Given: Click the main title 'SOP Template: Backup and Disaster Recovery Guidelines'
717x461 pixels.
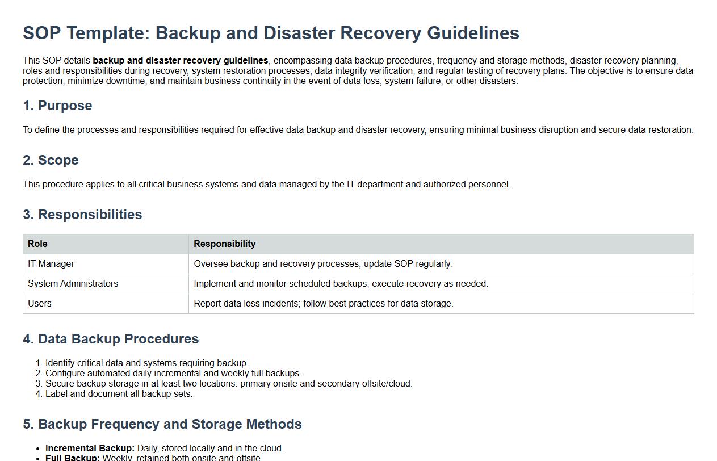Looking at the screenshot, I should pos(271,33).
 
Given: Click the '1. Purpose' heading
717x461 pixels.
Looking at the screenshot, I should pos(57,106).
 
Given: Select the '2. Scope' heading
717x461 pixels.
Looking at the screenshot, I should pos(51,160).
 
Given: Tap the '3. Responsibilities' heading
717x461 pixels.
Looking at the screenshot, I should pos(82,215).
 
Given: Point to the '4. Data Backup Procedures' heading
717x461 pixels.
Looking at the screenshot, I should pos(111,339).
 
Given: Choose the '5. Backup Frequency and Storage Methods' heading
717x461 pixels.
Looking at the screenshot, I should pos(162,424).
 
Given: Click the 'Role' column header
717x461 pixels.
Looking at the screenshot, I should pos(37,244).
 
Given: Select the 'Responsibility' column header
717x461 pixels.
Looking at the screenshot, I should pos(225,244).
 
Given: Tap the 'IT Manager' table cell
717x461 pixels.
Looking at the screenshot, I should pos(51,264).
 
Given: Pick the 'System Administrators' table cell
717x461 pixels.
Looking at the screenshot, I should pos(73,284).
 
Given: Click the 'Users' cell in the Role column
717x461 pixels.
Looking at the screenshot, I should pos(40,304).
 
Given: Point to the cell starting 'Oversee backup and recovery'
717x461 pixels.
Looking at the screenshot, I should pos(322,264).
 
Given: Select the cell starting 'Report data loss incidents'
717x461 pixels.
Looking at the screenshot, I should pos(324,304).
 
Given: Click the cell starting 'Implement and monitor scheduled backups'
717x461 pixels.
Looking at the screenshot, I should pos(341,284).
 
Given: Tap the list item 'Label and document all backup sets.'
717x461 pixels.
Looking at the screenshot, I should pos(119,394).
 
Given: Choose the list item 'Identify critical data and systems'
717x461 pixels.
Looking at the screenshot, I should pos(147,363).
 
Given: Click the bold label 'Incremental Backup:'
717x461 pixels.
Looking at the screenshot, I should pos(90,449).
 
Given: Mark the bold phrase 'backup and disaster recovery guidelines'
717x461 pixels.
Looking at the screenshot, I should pos(181,61).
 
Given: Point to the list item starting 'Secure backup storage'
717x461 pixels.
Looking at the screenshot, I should pos(229,384).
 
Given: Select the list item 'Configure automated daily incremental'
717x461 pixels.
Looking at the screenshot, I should pos(173,374).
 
